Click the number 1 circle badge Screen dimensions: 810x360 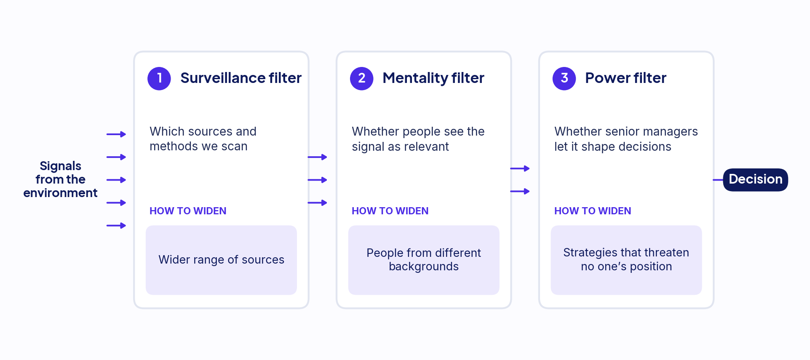pyautogui.click(x=159, y=78)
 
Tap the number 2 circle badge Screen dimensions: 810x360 pyautogui.click(x=362, y=78)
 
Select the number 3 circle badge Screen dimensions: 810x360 pyautogui.click(x=564, y=78)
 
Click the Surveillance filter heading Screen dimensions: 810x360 pyautogui.click(x=241, y=78)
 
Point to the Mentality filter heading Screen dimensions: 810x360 pyautogui.click(x=433, y=78)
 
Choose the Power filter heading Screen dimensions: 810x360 pyautogui.click(x=626, y=78)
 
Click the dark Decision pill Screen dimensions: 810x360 pyautogui.click(x=756, y=180)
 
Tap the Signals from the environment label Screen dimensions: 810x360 pyautogui.click(x=60, y=179)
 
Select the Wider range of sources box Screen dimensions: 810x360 pyautogui.click(x=222, y=260)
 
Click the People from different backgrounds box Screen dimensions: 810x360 pyautogui.click(x=424, y=260)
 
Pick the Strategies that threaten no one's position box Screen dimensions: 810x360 pyautogui.click(x=626, y=260)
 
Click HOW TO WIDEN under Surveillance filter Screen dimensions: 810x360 pyautogui.click(x=188, y=211)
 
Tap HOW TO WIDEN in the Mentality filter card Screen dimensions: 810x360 pyautogui.click(x=390, y=211)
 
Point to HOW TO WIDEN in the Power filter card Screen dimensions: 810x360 pyautogui.click(x=593, y=211)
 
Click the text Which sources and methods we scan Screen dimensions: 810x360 pyautogui.click(x=203, y=139)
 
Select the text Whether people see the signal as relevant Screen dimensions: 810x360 pyautogui.click(x=418, y=139)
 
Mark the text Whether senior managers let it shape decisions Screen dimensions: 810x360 pyautogui.click(x=626, y=139)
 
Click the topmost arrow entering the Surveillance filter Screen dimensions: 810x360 pyautogui.click(x=116, y=134)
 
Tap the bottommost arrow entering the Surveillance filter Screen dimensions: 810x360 pyautogui.click(x=116, y=226)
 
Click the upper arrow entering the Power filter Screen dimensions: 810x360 pyautogui.click(x=520, y=168)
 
